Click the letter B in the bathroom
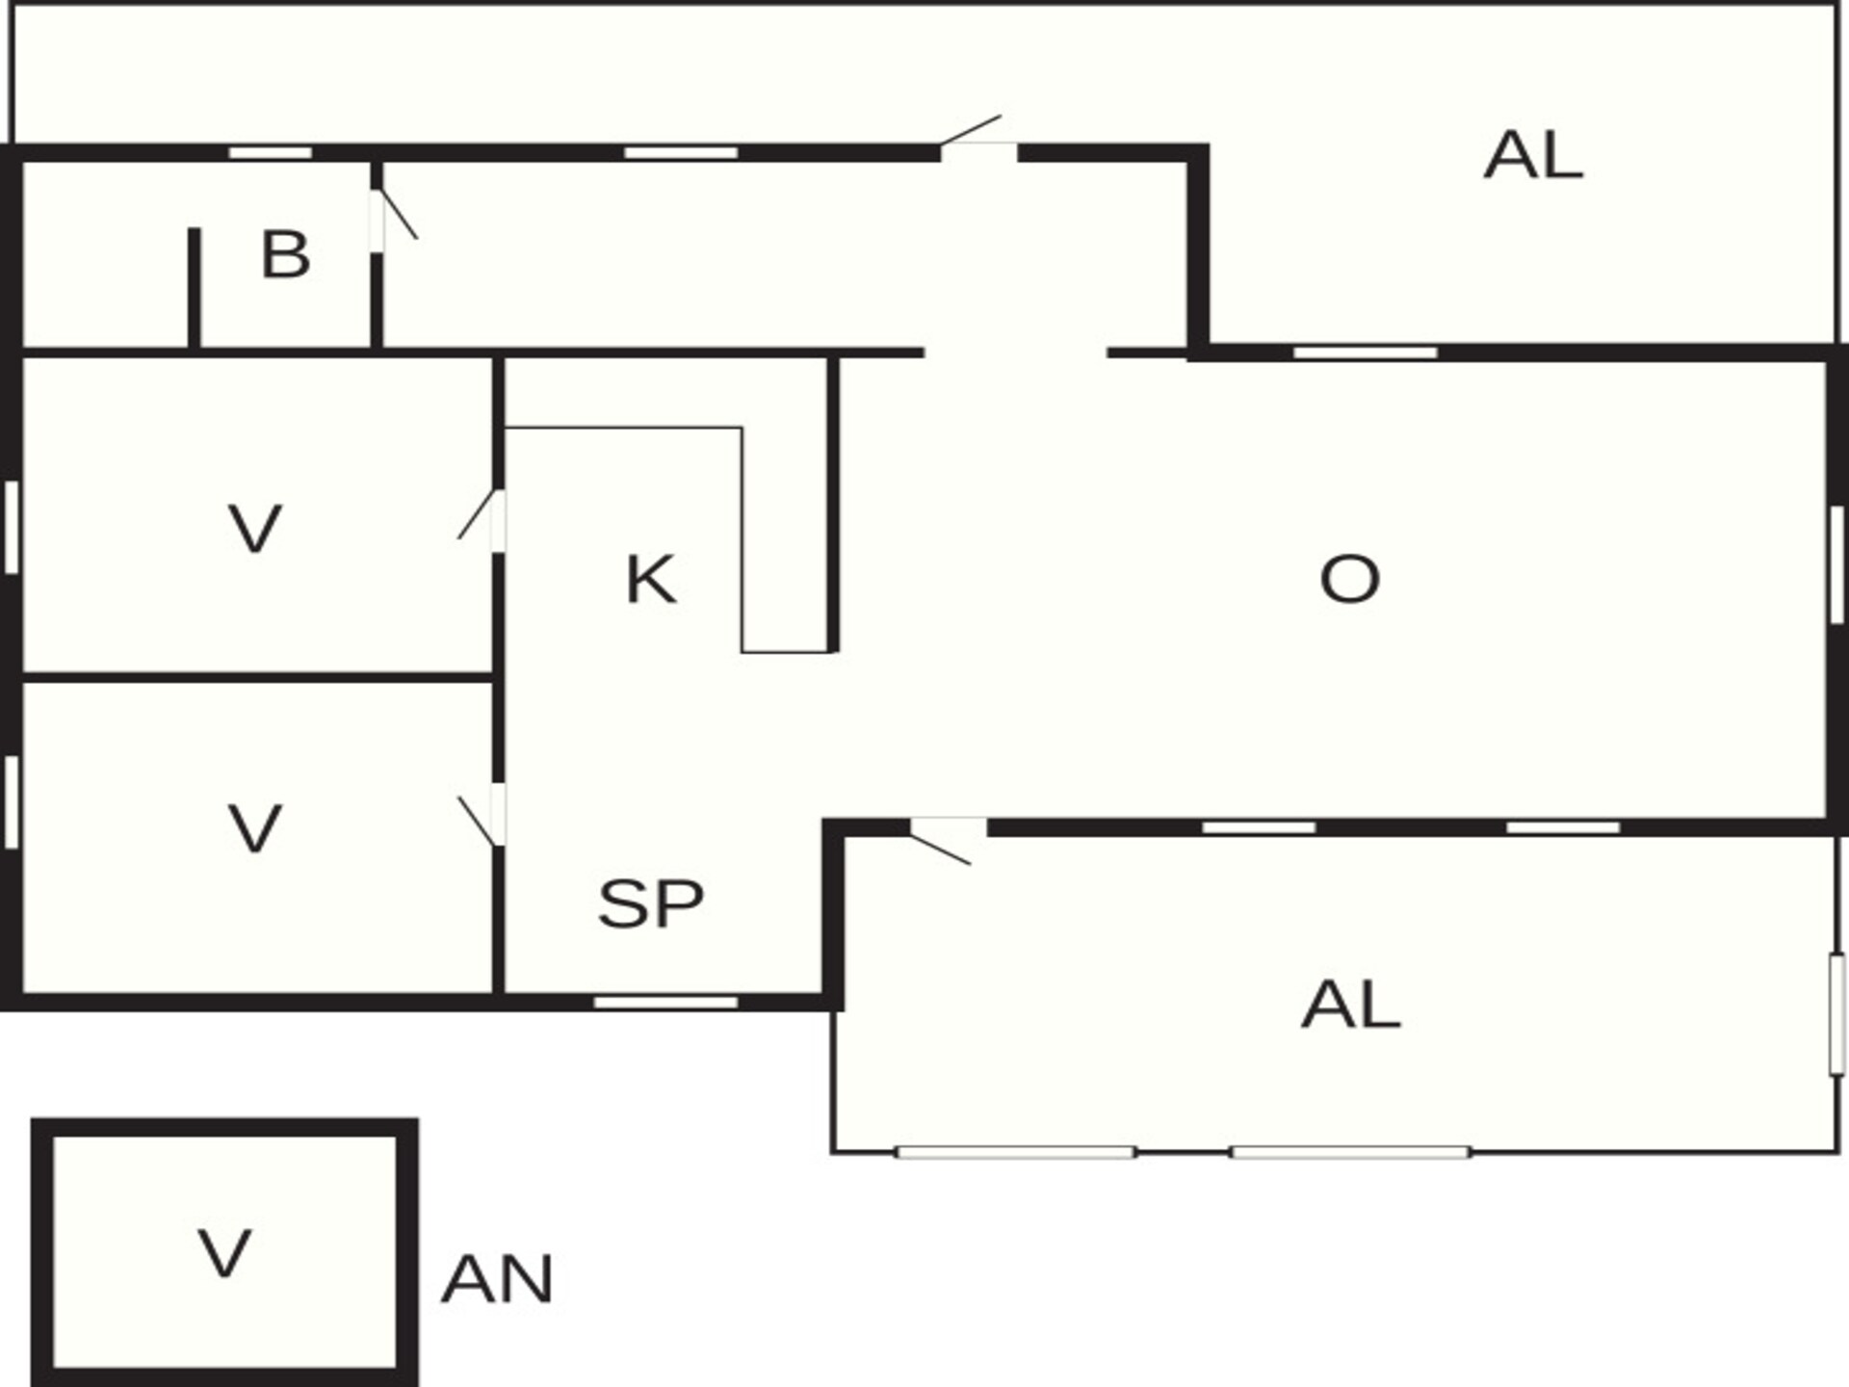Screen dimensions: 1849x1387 coord(285,255)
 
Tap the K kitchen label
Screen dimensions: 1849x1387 coord(651,580)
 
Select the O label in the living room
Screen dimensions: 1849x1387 coord(1349,579)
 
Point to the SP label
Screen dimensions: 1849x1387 coord(651,903)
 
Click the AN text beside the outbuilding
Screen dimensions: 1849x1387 coord(497,1280)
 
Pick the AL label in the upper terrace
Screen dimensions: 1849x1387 coord(1533,156)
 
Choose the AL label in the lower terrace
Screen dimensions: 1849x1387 coord(1350,1005)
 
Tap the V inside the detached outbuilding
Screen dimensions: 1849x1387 coord(224,1253)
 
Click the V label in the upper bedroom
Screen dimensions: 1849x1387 coord(255,529)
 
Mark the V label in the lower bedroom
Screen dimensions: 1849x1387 coord(255,829)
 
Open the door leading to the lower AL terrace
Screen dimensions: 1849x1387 coord(944,838)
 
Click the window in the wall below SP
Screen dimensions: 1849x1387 coord(665,1003)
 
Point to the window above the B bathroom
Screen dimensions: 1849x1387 coord(271,153)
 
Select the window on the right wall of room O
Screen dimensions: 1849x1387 coord(1836,564)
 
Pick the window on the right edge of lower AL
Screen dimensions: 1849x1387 coord(1836,1014)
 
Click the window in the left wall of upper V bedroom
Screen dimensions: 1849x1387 coord(12,528)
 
